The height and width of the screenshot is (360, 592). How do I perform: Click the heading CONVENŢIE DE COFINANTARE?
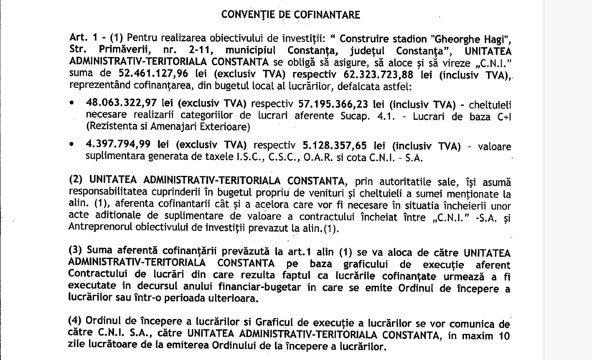pyautogui.click(x=290, y=14)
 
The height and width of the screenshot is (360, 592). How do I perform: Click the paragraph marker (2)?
pyautogui.click(x=76, y=182)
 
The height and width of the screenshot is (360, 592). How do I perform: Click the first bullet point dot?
pyautogui.click(x=72, y=104)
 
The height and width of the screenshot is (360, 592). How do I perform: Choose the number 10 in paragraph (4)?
pyautogui.click(x=504, y=335)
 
